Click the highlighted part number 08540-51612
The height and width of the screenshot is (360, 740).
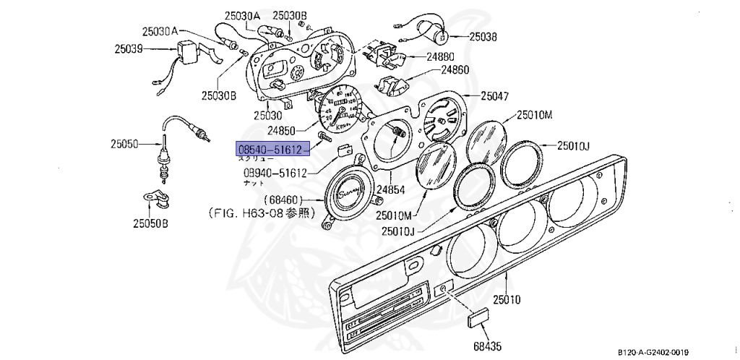(273, 148)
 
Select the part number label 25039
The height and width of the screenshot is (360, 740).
(129, 49)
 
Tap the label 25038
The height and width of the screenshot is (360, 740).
(483, 35)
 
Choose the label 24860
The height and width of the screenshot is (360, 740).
(455, 70)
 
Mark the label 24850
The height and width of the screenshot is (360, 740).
(282, 131)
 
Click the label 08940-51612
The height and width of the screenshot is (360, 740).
(275, 173)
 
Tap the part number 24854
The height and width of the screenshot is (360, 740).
(390, 190)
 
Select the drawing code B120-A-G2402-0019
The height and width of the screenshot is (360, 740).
(658, 352)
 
